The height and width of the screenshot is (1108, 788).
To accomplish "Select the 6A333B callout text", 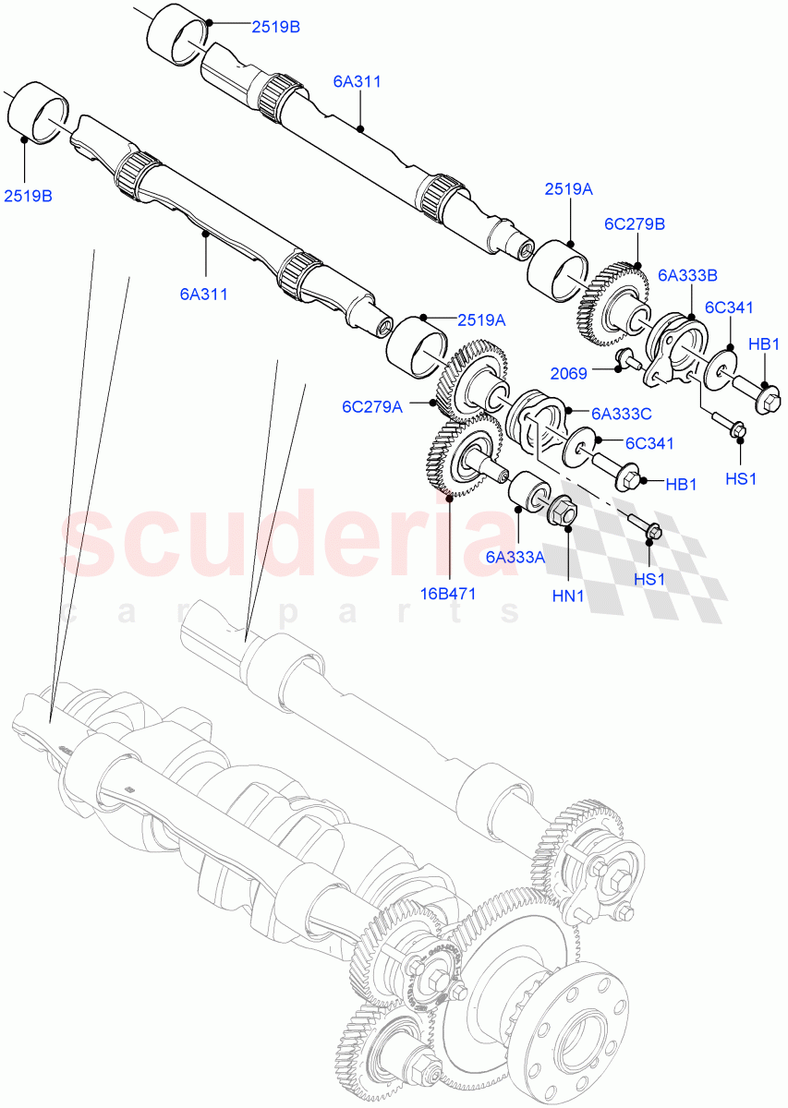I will (x=688, y=274).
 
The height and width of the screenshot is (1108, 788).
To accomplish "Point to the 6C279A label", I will (x=372, y=405).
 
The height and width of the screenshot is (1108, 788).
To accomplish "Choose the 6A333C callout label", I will (x=622, y=415).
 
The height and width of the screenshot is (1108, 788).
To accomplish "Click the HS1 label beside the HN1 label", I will (x=649, y=579).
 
